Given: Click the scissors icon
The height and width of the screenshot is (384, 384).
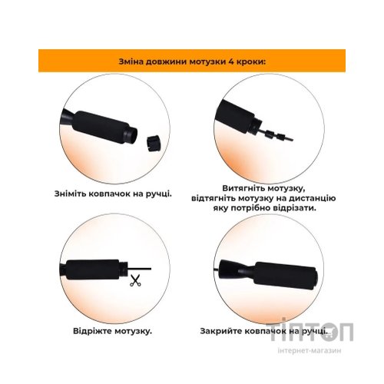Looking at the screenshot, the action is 135,280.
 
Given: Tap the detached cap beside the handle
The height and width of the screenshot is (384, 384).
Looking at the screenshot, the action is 154,143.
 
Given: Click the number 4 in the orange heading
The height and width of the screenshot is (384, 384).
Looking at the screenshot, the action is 231,61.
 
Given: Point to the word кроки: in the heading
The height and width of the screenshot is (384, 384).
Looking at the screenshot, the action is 251,62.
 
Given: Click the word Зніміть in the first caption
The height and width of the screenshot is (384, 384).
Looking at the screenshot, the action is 70,194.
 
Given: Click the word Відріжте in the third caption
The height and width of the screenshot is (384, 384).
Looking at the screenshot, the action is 92,331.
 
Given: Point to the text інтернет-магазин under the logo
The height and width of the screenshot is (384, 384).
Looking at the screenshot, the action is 310,350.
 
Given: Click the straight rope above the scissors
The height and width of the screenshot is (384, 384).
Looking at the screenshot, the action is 140,269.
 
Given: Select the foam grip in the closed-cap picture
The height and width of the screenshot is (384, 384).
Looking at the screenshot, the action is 286,276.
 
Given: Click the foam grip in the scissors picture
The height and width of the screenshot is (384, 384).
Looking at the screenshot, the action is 93,270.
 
